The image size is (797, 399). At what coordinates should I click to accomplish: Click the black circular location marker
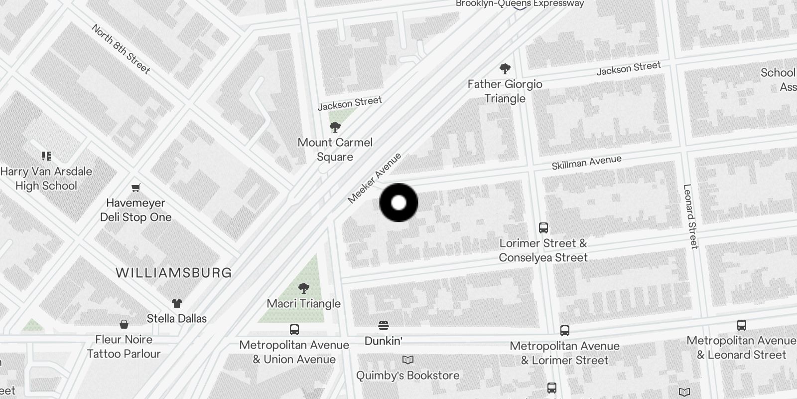[x=398, y=202]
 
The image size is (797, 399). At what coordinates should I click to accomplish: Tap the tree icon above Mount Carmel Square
[x=335, y=127]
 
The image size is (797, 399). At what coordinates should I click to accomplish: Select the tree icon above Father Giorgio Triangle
[x=505, y=68]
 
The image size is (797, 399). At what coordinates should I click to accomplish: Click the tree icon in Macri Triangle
[x=303, y=288]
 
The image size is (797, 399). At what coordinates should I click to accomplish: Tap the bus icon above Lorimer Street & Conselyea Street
[x=543, y=228]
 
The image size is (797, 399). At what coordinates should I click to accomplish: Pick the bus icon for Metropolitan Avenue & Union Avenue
[x=294, y=330]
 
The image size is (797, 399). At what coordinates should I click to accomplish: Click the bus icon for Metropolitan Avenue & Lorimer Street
[x=564, y=330]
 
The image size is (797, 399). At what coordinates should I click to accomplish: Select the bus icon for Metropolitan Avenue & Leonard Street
[x=741, y=325]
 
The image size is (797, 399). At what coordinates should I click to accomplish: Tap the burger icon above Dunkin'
[x=383, y=326]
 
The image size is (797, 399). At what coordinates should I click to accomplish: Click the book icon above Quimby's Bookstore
[x=407, y=360]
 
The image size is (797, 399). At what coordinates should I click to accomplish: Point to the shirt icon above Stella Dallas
[x=177, y=303]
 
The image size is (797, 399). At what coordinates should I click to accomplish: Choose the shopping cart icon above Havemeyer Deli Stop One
[x=136, y=188]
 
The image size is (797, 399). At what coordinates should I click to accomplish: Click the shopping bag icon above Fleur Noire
[x=124, y=324]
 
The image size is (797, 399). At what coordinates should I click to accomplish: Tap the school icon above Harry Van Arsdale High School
[x=46, y=156]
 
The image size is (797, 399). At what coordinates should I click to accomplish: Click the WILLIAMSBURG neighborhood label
[x=174, y=273]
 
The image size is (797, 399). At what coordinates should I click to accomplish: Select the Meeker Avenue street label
[x=374, y=178]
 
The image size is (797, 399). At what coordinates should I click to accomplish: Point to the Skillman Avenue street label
[x=586, y=162]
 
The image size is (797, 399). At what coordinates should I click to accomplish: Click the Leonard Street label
[x=690, y=216]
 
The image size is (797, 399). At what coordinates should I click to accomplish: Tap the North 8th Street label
[x=121, y=49]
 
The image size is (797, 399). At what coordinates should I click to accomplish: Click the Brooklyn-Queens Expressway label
[x=520, y=4]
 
